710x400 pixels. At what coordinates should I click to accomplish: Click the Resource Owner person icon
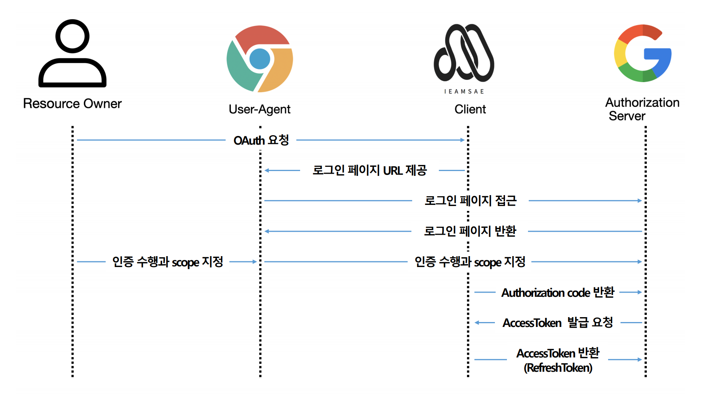(x=72, y=53)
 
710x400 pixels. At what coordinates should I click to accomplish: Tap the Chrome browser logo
(x=259, y=59)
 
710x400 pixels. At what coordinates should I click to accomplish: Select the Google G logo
(x=643, y=53)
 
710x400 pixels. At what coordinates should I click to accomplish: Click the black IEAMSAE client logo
(x=464, y=53)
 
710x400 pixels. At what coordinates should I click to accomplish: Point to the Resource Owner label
(x=72, y=104)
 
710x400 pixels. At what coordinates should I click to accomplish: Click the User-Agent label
(x=259, y=109)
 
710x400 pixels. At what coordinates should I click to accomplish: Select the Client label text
(x=470, y=109)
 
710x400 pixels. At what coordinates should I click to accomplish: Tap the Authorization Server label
(x=642, y=109)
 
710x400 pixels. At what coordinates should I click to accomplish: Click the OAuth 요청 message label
(x=261, y=140)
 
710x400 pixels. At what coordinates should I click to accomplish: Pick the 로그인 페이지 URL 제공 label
(x=370, y=170)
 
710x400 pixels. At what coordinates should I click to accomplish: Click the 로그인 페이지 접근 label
(x=470, y=201)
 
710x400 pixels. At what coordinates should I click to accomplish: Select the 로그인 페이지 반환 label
(x=470, y=231)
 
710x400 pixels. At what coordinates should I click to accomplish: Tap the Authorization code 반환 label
(x=558, y=292)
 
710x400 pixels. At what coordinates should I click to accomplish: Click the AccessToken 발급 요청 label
(x=558, y=322)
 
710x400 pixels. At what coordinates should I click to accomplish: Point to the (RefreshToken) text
(x=558, y=368)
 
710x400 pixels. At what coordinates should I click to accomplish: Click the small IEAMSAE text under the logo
(x=464, y=92)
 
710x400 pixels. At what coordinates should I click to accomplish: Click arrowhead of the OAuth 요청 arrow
(x=463, y=140)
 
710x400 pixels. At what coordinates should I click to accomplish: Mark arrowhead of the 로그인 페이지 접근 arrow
(x=640, y=201)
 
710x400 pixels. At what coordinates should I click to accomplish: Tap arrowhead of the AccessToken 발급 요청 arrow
(x=477, y=322)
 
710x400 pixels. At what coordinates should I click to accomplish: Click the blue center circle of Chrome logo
(x=259, y=59)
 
